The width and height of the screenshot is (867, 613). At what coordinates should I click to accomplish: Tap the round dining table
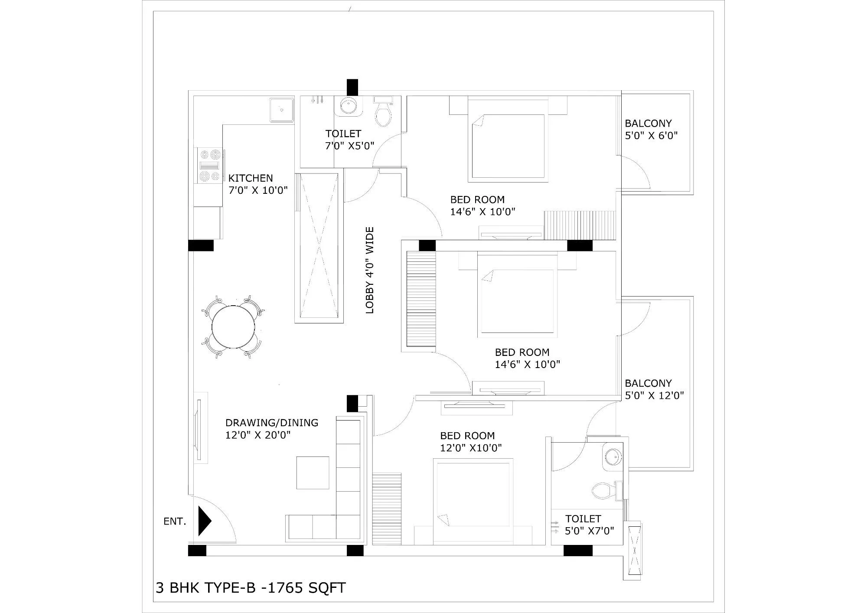point(233,326)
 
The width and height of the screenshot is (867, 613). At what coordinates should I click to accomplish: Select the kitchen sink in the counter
point(281,109)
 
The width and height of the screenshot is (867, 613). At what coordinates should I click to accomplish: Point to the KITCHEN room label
point(251,178)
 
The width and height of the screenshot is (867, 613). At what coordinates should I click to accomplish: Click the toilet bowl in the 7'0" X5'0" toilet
point(383,114)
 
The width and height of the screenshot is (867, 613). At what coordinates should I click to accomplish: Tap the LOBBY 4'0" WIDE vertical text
point(370,270)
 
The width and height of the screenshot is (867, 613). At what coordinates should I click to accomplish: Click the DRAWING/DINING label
point(272,423)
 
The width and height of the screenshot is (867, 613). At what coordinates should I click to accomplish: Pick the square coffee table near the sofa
point(313,473)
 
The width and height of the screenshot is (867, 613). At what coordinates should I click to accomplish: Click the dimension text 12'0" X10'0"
point(471,448)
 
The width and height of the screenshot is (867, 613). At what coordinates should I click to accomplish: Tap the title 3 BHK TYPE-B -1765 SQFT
point(251,588)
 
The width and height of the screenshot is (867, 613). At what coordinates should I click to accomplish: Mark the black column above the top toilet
point(352,86)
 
